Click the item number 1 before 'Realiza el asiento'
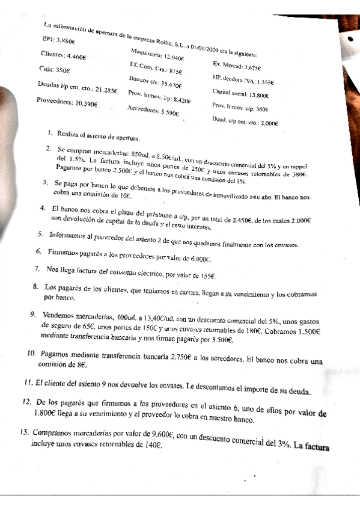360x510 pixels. click(50, 132)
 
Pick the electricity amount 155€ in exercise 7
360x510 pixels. click(206, 275)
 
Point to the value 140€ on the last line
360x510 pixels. click(151, 446)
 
